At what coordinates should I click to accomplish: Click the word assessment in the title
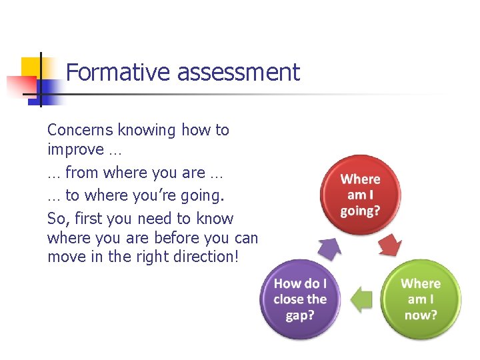239,72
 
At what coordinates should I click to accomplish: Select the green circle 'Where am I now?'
420,299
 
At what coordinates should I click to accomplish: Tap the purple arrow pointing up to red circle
329,248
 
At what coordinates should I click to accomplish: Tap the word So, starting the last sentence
57,219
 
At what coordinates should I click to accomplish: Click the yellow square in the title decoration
32,68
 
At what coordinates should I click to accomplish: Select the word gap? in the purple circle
299,315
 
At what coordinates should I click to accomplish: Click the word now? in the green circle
420,314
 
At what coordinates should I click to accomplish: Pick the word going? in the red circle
360,211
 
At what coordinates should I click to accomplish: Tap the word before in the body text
176,238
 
